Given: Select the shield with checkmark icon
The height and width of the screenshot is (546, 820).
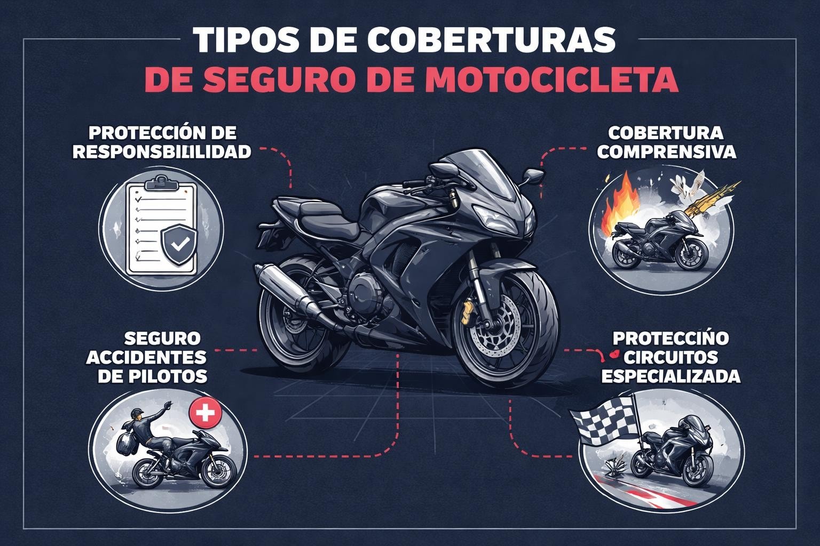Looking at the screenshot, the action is [x=179, y=244].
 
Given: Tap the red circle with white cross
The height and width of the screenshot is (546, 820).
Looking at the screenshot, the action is [x=206, y=413].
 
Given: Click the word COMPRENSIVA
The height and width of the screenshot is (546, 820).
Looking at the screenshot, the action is [x=666, y=151].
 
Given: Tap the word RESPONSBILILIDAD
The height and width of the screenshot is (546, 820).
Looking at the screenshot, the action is [x=162, y=151].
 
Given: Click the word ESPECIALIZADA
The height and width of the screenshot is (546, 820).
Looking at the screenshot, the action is [x=671, y=376].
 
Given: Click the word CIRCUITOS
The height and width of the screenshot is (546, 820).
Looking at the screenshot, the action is [x=671, y=357].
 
